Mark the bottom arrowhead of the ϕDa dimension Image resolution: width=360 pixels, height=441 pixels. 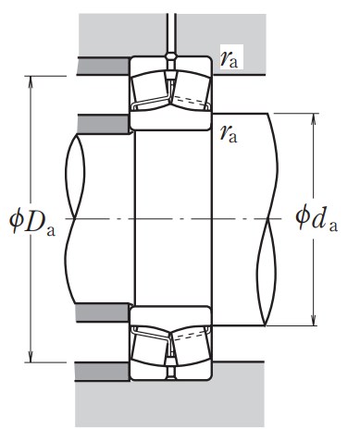point(31,356)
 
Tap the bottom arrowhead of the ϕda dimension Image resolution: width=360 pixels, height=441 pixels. point(314,319)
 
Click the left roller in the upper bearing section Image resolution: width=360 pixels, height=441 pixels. point(150,91)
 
